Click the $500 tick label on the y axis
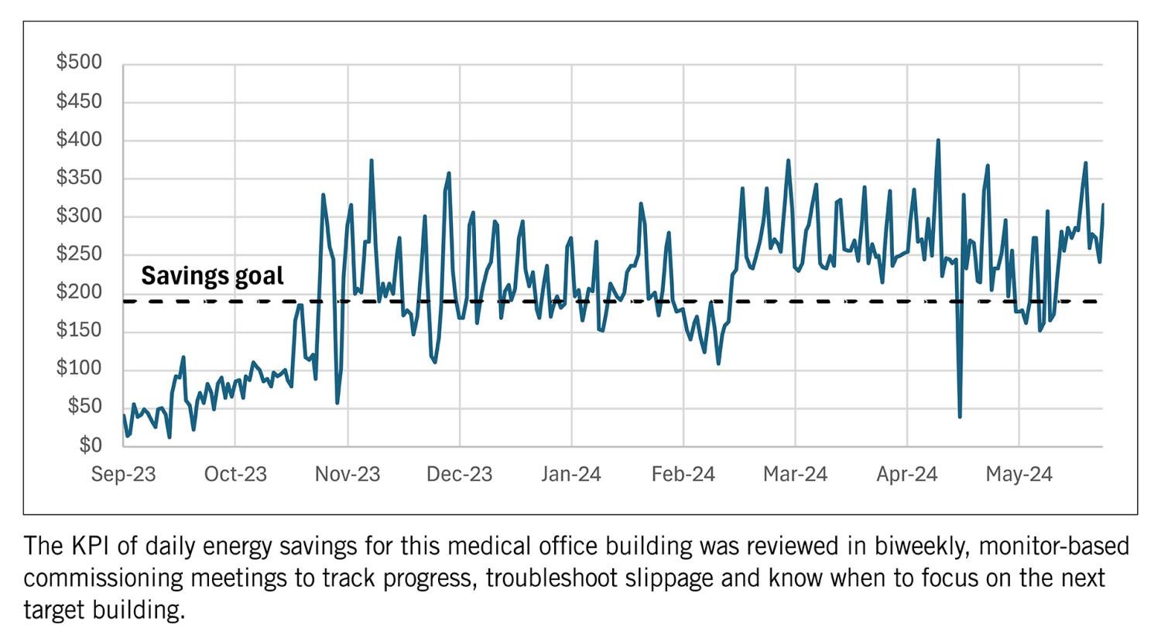tap(79, 63)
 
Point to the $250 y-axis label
tap(79, 254)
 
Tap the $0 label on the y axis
tap(90, 445)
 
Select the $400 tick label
tap(79, 140)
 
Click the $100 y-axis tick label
tap(79, 369)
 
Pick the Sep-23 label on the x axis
tap(124, 474)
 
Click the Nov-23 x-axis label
tap(348, 474)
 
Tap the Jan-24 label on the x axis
tap(571, 474)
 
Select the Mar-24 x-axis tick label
tap(795, 474)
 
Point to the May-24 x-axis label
tap(1019, 474)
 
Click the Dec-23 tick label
tap(459, 474)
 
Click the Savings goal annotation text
tap(212, 276)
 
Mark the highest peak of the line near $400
tap(938, 141)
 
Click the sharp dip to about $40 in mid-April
tap(960, 417)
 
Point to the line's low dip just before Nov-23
tap(337, 402)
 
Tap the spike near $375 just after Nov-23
tap(372, 161)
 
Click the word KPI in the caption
tap(93, 547)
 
